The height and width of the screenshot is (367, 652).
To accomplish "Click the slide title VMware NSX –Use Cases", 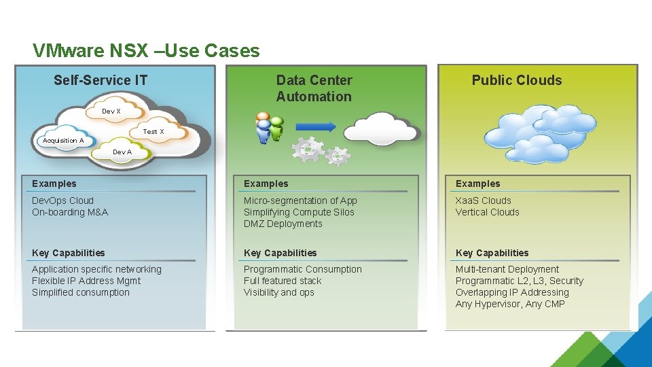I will coord(146,51).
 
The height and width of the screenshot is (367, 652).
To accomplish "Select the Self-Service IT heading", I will coord(101,80).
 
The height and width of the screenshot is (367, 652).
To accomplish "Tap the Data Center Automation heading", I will coord(314,88).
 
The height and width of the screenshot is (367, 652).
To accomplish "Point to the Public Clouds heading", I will coord(517,80).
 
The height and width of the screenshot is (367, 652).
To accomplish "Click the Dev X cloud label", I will coord(111,111).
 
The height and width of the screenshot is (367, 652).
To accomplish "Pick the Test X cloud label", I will coord(153,131).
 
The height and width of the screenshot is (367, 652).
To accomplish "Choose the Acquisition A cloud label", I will coord(63,141).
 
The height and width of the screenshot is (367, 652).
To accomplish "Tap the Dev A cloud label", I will coord(122,152).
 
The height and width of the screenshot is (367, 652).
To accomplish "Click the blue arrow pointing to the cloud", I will coord(316,126).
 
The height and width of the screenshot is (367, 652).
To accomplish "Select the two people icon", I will coord(269,128).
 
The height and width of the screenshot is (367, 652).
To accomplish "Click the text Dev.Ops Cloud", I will coord(62,200).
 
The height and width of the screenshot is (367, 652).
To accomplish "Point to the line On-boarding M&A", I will coord(70,212).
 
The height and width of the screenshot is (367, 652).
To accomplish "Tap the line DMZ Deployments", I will coord(283,224).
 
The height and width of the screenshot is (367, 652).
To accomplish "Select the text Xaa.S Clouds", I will coord(484,200).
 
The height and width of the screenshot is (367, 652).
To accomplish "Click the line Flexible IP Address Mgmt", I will coord(86,281).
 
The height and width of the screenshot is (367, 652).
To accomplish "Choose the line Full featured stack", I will coord(283,281).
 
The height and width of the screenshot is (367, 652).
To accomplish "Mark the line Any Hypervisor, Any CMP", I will coord(510,304).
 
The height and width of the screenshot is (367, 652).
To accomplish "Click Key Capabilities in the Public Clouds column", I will coord(492,253).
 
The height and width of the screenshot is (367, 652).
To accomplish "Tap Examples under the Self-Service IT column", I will coord(54,183).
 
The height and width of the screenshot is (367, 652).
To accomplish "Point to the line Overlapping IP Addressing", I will coord(512,292).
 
